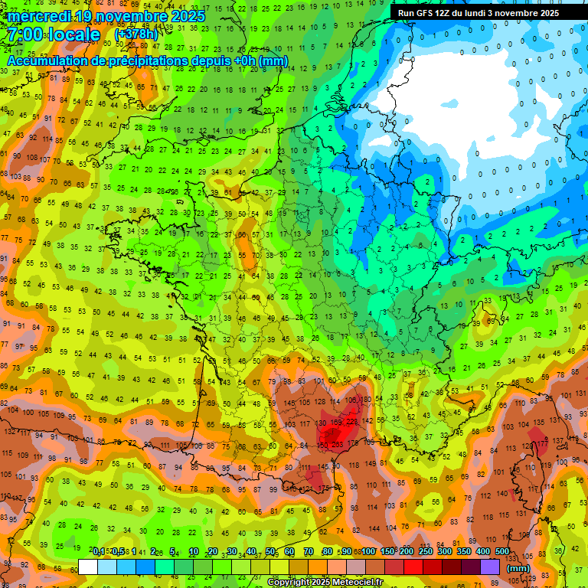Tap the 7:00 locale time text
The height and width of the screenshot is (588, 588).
[x=54, y=35]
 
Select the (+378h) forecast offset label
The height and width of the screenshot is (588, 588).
[x=136, y=34]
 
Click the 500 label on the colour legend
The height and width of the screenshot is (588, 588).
[x=502, y=551]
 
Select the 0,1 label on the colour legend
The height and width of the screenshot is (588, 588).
[x=99, y=551]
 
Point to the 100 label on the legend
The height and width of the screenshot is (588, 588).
[x=368, y=551]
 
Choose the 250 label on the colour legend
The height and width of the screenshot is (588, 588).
[x=426, y=551]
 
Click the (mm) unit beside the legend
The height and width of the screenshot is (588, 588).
[x=518, y=569]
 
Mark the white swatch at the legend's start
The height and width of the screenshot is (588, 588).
[x=88, y=567]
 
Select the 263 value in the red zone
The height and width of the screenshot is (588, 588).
[x=338, y=444]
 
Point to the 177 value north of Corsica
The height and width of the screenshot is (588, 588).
[x=542, y=443]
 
